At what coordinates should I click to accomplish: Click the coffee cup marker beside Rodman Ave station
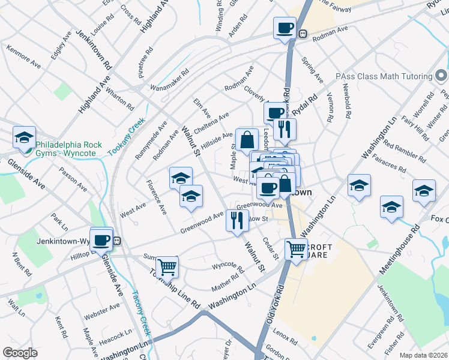285,28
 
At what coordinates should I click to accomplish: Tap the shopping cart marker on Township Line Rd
167,266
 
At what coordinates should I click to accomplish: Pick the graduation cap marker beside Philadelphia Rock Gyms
25,137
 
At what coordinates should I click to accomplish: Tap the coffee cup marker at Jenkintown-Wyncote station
101,239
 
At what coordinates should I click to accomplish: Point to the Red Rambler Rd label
404,153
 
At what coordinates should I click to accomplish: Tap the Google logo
19,353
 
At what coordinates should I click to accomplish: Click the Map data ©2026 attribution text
423,355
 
